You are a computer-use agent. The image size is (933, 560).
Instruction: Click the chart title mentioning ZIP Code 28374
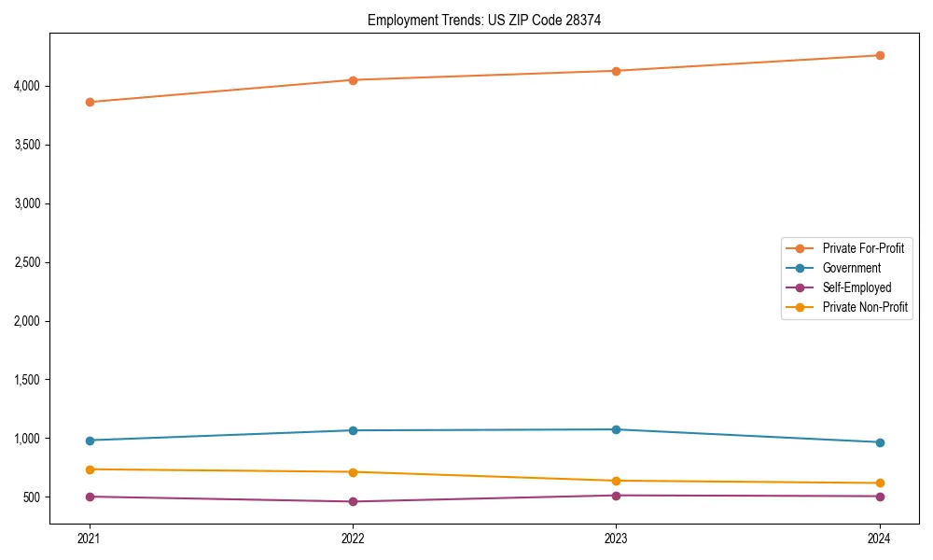tap(478, 20)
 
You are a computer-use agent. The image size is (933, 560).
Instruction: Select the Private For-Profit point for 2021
tap(90, 102)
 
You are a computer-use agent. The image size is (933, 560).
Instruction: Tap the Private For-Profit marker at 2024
tap(880, 55)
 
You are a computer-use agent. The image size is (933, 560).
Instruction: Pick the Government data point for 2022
tap(353, 430)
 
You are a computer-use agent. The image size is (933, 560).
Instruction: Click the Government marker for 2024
tap(880, 442)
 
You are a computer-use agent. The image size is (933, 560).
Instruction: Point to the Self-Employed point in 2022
tap(353, 501)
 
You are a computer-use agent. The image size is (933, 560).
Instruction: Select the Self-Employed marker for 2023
tap(616, 496)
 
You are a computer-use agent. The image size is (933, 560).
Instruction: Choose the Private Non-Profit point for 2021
tap(90, 469)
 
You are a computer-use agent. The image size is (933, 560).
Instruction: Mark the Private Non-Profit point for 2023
tap(616, 481)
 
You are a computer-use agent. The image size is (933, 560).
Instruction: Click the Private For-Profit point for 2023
tap(616, 71)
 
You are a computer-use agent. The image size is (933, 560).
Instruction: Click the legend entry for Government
tap(851, 268)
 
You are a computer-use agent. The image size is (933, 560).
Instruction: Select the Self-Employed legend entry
tap(856, 287)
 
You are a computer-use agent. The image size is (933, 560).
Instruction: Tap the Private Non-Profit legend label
tap(865, 307)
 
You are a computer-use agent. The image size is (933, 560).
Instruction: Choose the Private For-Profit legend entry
tap(863, 248)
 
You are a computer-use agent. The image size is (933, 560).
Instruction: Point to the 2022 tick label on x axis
tap(353, 538)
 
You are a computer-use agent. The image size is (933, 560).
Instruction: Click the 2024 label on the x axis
tap(880, 538)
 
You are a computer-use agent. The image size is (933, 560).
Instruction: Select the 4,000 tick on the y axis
tap(26, 86)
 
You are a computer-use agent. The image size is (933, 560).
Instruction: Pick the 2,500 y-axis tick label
tap(26, 262)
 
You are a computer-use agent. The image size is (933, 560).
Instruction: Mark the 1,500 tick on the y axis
tap(26, 380)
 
